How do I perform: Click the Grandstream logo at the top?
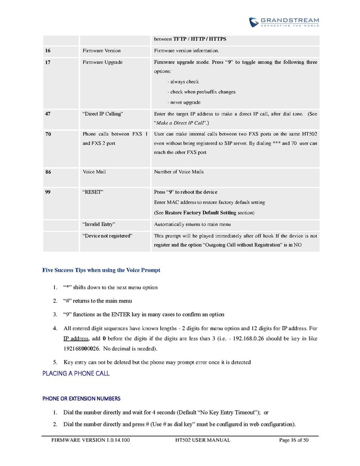point(283,22)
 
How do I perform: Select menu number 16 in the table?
point(48,51)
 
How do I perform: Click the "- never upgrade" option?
point(184,102)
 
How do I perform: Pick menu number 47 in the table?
point(48,113)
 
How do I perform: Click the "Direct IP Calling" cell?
point(103,113)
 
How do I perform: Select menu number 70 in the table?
point(48,134)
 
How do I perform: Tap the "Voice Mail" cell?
point(94,172)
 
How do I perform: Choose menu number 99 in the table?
point(48,192)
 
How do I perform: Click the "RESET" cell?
point(93,192)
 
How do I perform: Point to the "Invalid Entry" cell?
point(99,224)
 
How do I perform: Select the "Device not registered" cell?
point(108,236)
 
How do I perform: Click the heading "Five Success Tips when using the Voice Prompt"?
point(101,270)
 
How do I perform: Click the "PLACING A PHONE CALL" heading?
point(76,373)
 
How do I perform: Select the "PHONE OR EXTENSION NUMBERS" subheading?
point(81,399)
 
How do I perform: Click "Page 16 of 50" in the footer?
point(294,440)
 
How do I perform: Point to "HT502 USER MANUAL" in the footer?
point(203,440)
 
